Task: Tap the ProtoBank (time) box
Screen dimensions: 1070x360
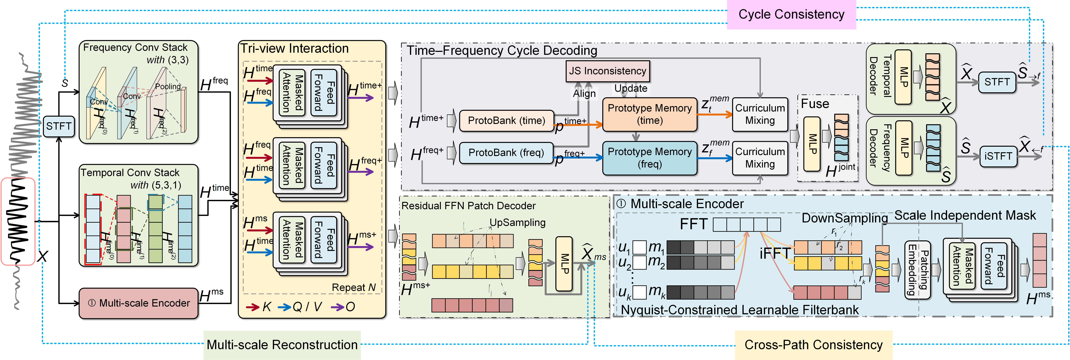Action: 506,120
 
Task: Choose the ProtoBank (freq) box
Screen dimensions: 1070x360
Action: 506,152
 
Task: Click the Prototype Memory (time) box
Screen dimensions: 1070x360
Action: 650,114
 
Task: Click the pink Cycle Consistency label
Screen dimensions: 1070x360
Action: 791,15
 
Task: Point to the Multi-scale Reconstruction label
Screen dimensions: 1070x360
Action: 282,345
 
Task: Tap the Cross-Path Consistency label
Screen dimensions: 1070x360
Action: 814,345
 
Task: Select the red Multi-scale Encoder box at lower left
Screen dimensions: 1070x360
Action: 138,303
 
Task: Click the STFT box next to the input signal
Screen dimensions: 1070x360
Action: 59,126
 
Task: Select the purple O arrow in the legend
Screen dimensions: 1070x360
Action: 338,307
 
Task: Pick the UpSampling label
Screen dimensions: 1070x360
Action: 517,223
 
